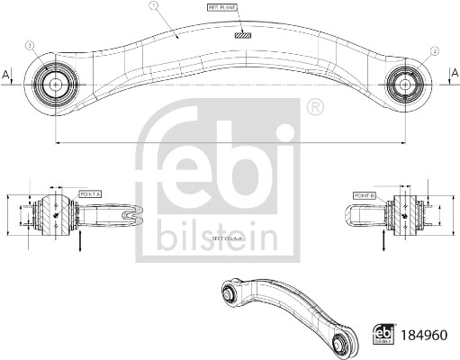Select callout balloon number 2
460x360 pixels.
(x=435, y=50)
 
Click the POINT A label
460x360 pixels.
(x=92, y=193)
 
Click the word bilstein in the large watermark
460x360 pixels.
(x=217, y=238)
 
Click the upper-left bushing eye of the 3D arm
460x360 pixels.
(x=230, y=290)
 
